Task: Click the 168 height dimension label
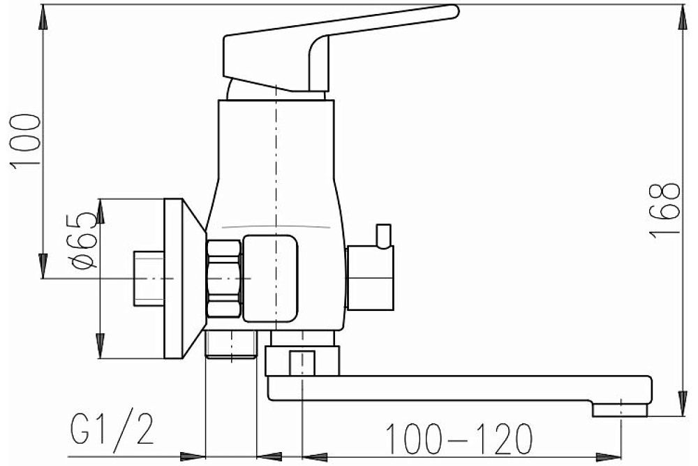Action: coord(664,210)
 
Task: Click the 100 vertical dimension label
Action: coord(25,141)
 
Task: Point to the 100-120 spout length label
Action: coord(459,439)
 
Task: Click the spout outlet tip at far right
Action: coord(620,410)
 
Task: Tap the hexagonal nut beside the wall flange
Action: coord(224,279)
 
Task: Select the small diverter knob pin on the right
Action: coord(384,235)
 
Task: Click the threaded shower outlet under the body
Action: coord(231,344)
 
